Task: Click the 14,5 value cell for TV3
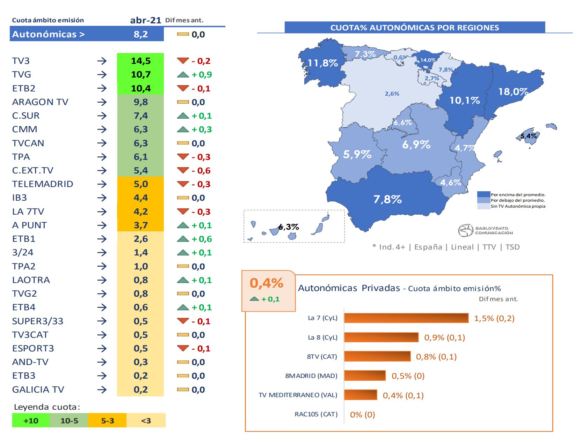tap(140, 61)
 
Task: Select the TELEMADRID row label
tap(43, 184)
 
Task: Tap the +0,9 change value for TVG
tap(202, 74)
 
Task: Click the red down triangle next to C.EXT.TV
tap(183, 170)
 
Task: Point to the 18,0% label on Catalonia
tap(513, 91)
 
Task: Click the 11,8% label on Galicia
tap(322, 63)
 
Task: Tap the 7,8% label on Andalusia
tap(387, 199)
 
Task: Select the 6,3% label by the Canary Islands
tap(289, 227)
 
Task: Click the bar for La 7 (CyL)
tap(406, 318)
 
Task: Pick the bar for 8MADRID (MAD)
tap(365, 376)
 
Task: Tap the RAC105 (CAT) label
tap(316, 414)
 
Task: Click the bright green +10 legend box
tap(31, 421)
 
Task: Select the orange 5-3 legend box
tap(107, 421)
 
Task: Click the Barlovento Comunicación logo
tap(485, 230)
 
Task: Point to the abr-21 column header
tap(145, 20)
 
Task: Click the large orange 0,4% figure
tap(266, 283)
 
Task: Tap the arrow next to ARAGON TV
tap(102, 102)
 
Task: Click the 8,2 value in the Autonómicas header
tap(140, 34)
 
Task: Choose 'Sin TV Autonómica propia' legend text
tap(517, 206)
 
